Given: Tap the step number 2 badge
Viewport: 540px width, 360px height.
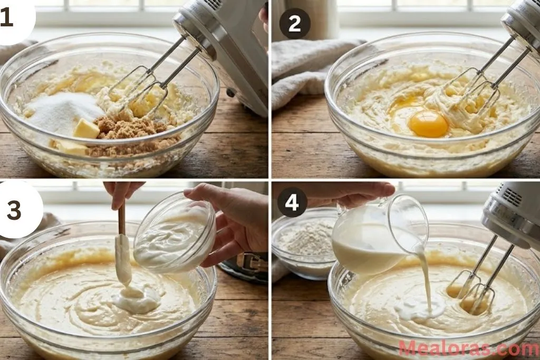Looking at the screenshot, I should [294, 24].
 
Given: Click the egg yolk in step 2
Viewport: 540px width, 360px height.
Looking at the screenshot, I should [428, 124].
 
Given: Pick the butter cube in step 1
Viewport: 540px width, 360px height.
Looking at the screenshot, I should [85, 129].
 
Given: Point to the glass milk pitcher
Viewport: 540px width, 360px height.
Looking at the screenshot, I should [377, 232].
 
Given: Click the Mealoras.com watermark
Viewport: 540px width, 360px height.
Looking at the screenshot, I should [468, 348].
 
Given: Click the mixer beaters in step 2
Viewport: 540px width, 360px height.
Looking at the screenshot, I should [475, 92].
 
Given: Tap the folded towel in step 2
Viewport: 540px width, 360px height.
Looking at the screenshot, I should [306, 69].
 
